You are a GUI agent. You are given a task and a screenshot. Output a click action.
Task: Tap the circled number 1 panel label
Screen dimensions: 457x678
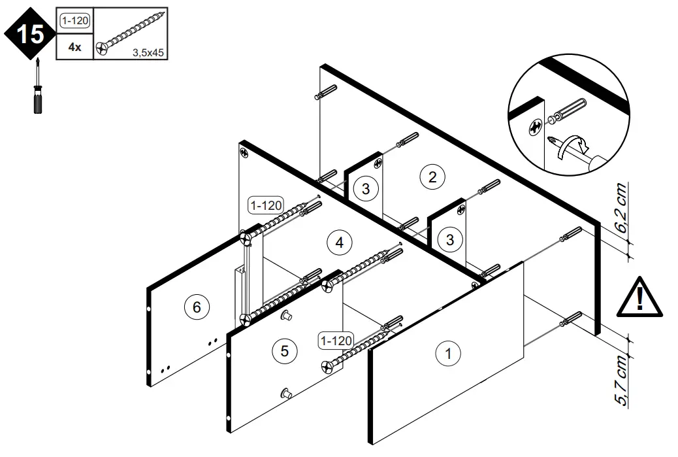[x=448, y=354]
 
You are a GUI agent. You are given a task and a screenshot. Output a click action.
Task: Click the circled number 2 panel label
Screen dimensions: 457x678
[x=432, y=177]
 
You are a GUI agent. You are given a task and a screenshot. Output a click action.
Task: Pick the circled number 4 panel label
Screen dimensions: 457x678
[x=339, y=243]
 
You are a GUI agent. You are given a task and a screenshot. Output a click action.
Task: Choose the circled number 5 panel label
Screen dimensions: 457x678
[x=284, y=350]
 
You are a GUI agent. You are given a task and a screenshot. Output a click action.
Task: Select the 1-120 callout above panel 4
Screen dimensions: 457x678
[x=265, y=205]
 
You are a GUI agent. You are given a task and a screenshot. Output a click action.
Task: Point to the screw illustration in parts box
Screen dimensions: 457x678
[x=130, y=33]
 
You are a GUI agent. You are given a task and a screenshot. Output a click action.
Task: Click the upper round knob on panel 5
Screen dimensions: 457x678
[x=285, y=316]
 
